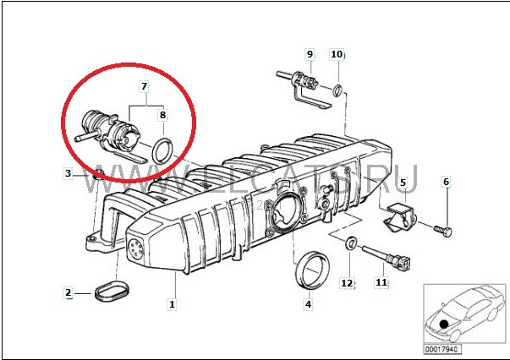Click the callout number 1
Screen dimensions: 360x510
point(173,303)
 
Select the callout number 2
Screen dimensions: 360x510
point(68,293)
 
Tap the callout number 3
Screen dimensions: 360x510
point(68,174)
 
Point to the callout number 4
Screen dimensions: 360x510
point(308,303)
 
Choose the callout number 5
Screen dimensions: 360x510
point(403,183)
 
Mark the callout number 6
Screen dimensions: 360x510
point(447,183)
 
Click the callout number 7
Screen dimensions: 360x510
point(144,87)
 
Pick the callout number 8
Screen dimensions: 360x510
point(162,113)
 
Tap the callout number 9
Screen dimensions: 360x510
point(310,54)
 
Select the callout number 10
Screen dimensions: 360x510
point(336,54)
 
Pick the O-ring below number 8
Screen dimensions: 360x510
point(164,150)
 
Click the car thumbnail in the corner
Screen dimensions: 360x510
point(462,313)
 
